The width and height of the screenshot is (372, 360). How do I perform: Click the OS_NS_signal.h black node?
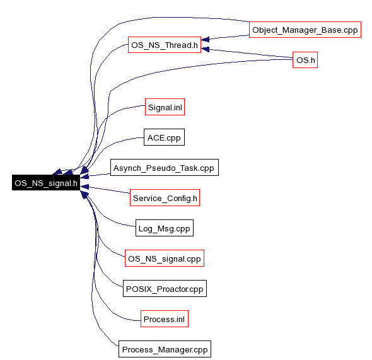tap(46, 183)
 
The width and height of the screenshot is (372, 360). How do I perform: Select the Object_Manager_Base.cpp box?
tap(305, 30)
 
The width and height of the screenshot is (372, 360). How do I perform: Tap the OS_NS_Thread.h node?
tap(165, 45)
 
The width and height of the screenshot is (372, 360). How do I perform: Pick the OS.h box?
tap(305, 60)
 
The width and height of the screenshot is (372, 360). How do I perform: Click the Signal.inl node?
tap(165, 107)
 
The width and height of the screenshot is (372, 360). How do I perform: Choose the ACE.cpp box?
tap(164, 137)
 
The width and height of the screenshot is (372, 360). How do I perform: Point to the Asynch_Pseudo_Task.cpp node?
tap(165, 168)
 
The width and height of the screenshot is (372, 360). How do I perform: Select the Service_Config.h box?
tap(165, 198)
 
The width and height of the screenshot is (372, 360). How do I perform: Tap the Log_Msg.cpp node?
tap(165, 228)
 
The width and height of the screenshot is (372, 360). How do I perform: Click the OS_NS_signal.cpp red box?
tap(165, 258)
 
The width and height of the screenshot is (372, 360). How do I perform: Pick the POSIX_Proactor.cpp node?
tap(165, 289)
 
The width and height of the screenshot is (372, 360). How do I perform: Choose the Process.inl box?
tap(165, 319)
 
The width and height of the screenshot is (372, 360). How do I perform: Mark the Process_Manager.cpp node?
tap(165, 349)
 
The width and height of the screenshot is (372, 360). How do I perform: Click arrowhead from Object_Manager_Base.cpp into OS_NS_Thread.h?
tap(205, 39)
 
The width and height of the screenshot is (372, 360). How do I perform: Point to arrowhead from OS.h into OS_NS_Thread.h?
tap(205, 49)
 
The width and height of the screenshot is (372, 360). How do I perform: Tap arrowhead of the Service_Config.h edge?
tap(84, 187)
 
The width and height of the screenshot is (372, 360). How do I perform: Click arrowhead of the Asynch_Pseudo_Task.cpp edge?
tap(84, 177)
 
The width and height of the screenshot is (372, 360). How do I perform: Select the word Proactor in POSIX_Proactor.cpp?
tap(180, 289)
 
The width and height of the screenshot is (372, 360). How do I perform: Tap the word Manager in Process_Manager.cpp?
tap(173, 349)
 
